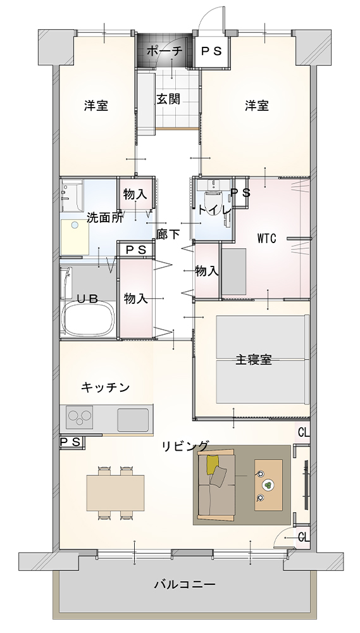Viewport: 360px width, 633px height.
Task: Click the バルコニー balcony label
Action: [185, 584]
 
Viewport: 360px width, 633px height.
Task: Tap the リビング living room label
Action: [185, 446]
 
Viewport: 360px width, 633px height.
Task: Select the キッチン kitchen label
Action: [105, 387]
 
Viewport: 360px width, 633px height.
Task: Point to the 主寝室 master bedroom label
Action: [254, 360]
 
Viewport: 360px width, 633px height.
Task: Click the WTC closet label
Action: [267, 239]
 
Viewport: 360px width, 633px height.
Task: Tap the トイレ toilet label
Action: [214, 210]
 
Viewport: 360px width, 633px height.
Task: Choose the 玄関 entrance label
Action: [168, 99]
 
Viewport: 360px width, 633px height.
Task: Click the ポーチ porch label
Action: [164, 51]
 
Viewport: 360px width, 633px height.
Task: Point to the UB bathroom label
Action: [87, 299]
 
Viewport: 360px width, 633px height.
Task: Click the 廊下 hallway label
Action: [168, 234]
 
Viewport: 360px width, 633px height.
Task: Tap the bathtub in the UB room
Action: [89, 319]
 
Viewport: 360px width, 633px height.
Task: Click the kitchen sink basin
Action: [133, 420]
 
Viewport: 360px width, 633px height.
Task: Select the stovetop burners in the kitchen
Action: [80, 417]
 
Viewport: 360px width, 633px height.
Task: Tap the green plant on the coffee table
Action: [268, 485]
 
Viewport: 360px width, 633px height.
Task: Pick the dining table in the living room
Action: [115, 492]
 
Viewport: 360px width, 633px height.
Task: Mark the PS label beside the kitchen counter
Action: [71, 442]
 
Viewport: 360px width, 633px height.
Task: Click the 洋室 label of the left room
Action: [96, 106]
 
